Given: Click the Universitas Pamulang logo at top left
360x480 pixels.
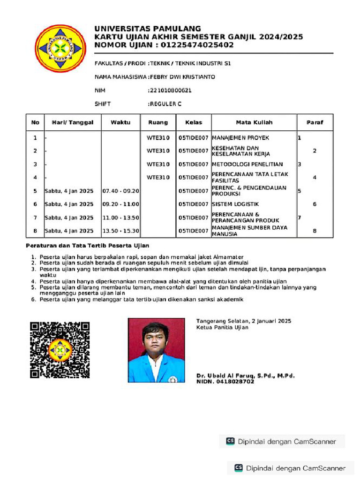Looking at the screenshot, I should [x=59, y=48].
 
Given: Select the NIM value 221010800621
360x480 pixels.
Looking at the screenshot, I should [x=170, y=90].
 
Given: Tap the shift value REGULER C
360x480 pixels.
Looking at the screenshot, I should [x=165, y=104].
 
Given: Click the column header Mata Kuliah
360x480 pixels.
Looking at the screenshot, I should [x=254, y=122].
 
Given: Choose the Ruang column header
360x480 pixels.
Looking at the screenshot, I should [x=158, y=122].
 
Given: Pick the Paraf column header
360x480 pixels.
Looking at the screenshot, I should [x=315, y=122].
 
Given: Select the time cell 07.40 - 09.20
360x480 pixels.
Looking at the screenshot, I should [x=120, y=191].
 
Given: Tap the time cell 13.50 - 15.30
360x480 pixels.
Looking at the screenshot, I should [x=120, y=231].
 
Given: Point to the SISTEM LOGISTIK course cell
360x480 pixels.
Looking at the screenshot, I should [x=235, y=204].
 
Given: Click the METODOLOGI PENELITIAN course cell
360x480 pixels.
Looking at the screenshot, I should [x=247, y=164].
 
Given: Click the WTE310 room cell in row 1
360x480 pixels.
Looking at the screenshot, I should [x=158, y=138].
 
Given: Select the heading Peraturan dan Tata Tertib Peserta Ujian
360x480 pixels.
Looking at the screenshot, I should [x=88, y=246].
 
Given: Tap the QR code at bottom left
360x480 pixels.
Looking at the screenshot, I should [x=60, y=350].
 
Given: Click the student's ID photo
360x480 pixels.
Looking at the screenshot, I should [x=157, y=350].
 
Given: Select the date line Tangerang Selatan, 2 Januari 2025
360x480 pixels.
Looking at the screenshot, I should [x=244, y=321].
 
